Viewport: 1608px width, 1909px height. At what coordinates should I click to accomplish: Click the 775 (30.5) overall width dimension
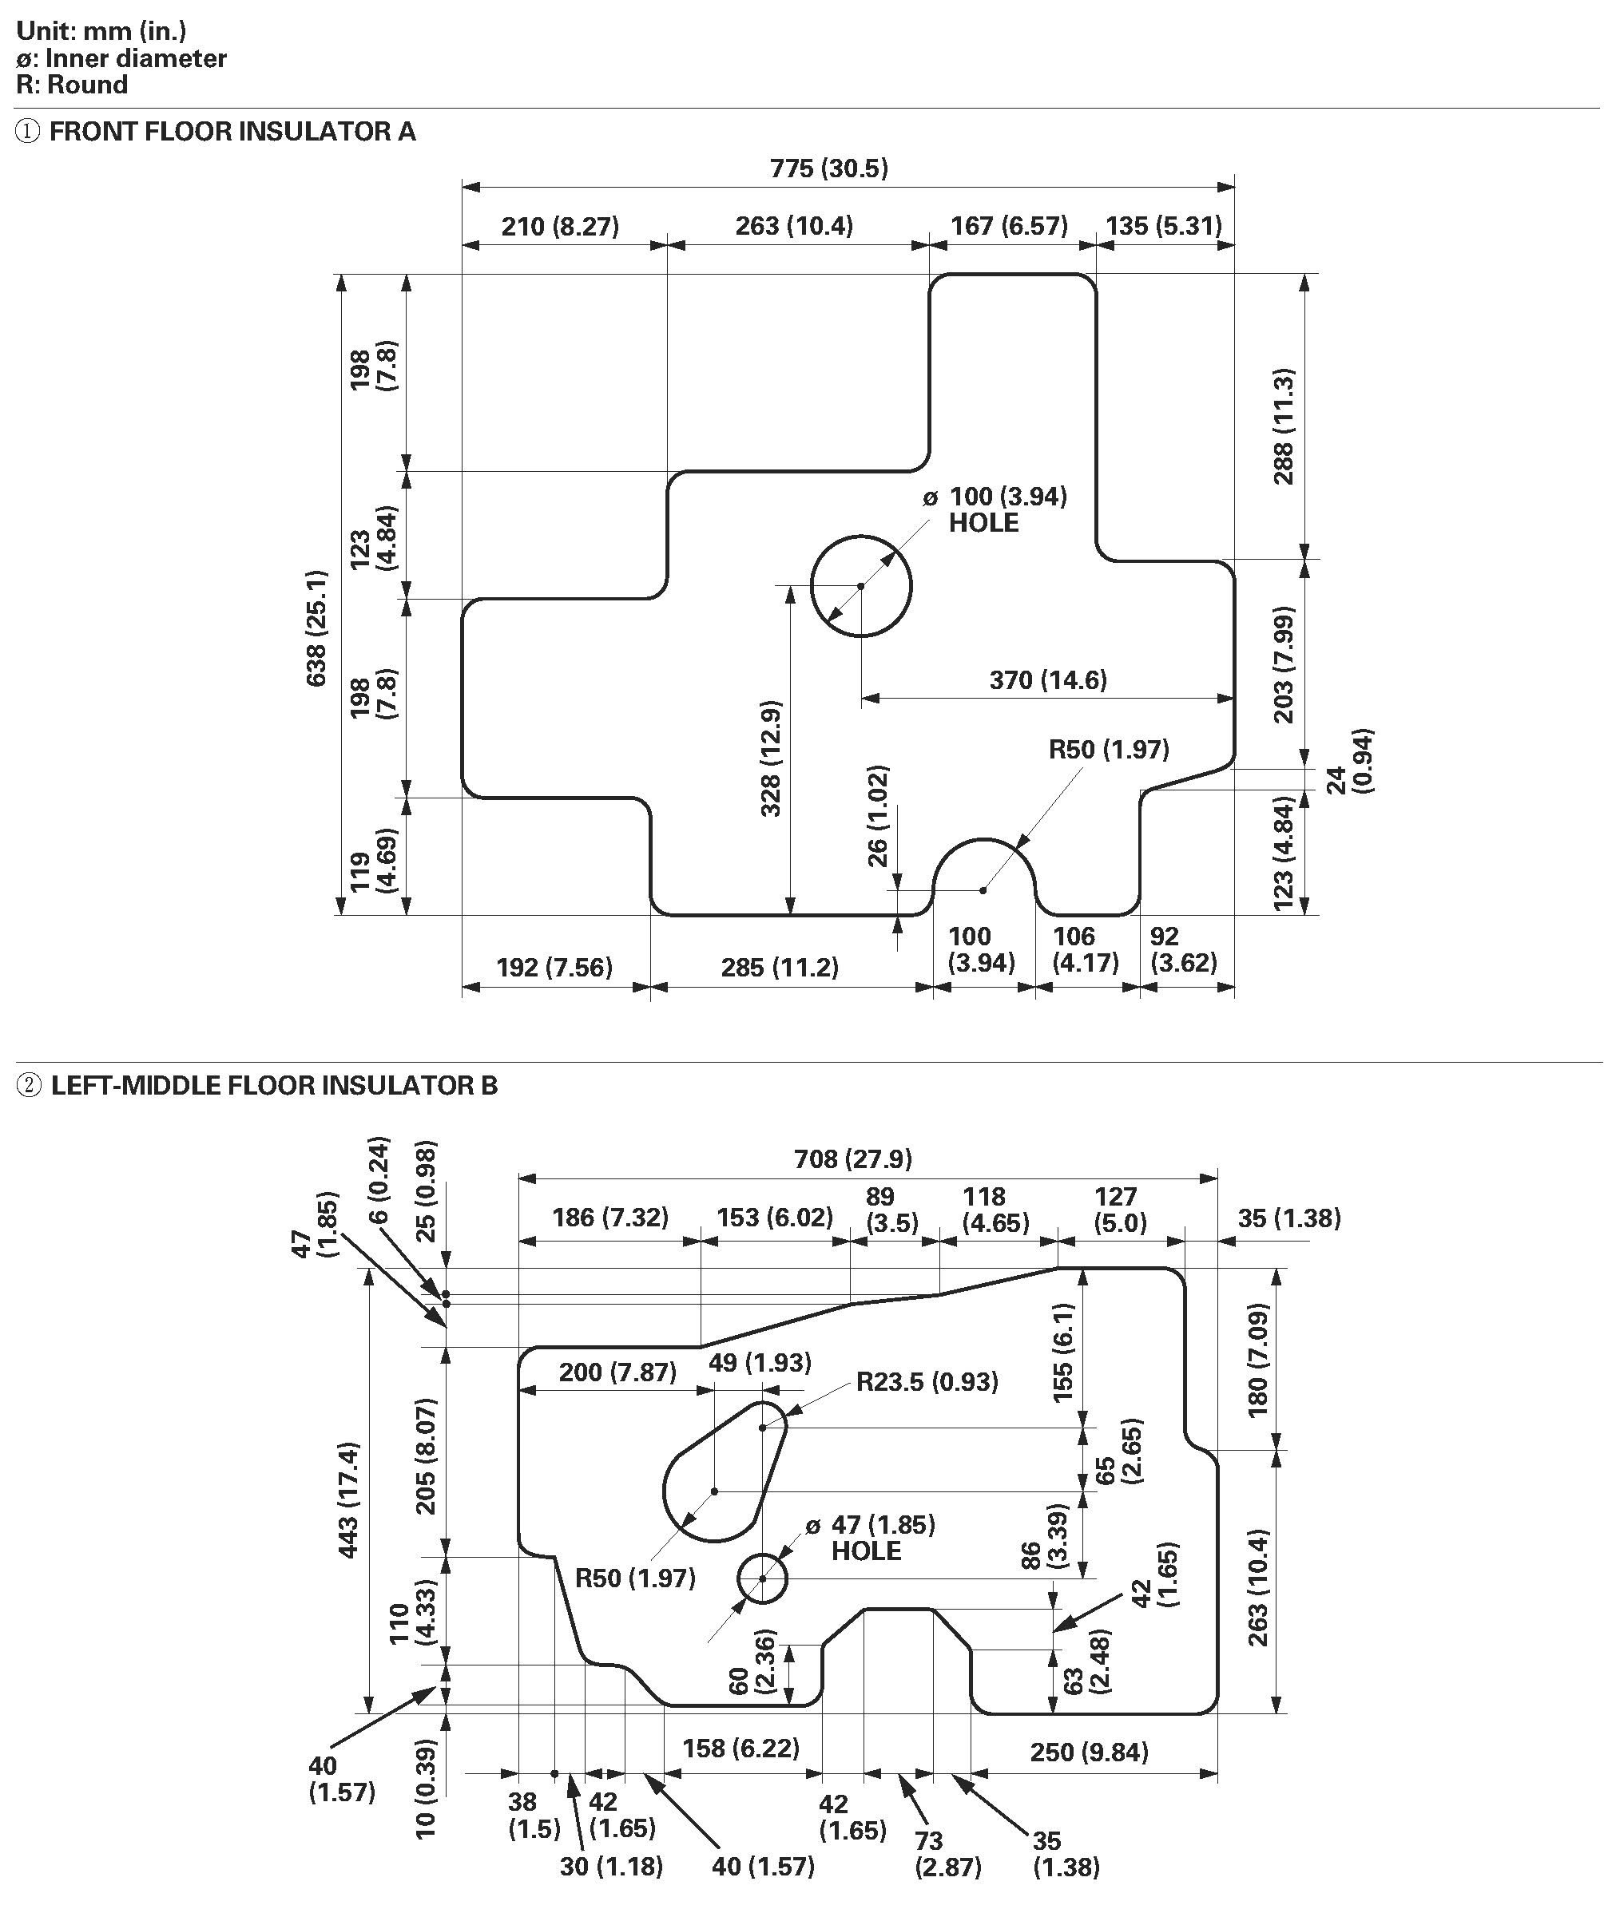[x=828, y=168]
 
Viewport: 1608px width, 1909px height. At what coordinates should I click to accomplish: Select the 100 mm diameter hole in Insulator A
[x=860, y=586]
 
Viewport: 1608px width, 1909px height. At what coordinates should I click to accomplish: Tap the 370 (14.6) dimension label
[x=1048, y=679]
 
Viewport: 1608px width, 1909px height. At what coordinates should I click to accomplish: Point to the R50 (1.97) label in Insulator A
[x=1109, y=749]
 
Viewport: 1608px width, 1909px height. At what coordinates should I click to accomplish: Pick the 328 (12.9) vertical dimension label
[x=771, y=758]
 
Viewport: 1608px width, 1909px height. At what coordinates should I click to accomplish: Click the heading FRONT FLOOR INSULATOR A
[x=232, y=131]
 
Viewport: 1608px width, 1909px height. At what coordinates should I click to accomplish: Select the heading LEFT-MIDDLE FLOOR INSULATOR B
[x=274, y=1085]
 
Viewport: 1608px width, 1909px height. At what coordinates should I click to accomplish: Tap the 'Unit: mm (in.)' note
[x=101, y=31]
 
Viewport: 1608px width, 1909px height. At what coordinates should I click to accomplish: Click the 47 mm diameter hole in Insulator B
[x=762, y=1578]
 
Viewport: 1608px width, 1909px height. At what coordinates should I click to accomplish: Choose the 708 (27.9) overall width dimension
[x=852, y=1158]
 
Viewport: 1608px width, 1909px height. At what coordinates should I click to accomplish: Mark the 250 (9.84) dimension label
[x=1090, y=1752]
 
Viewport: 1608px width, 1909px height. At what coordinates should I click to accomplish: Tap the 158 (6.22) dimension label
[x=741, y=1748]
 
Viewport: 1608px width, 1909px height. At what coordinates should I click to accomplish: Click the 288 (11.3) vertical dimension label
[x=1284, y=426]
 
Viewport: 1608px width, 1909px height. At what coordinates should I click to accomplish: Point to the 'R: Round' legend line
[x=72, y=85]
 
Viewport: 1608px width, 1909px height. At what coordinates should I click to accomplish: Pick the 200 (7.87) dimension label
[x=617, y=1372]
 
